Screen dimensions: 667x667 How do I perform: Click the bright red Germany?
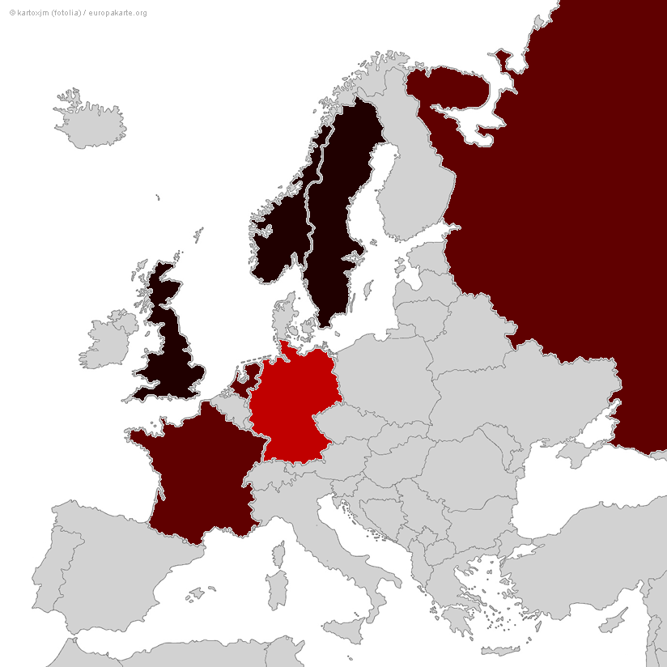(x=291, y=405)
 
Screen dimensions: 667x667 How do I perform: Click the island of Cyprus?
(x=615, y=623)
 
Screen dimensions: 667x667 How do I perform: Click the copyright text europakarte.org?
(x=117, y=13)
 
